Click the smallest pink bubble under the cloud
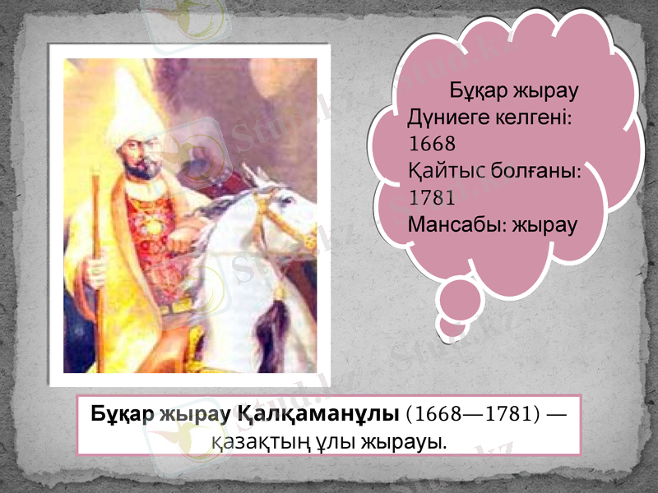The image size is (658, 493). (452, 328)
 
